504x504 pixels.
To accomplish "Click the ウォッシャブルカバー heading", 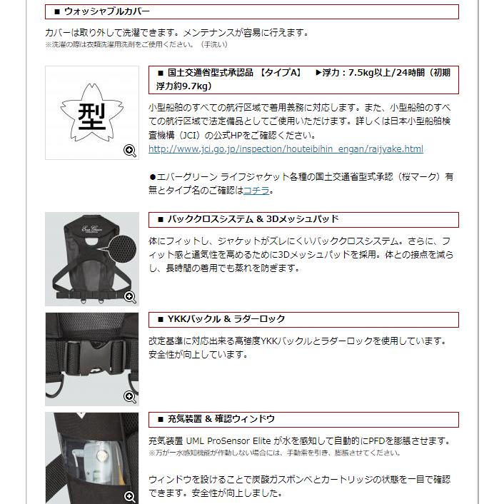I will [107, 11].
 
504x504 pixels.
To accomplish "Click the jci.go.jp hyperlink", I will [286, 149].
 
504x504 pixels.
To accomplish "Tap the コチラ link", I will [257, 191].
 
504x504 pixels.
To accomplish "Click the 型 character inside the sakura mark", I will [91, 112].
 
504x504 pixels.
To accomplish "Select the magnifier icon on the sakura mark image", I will [130, 150].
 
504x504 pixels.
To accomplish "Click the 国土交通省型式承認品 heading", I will [211, 73].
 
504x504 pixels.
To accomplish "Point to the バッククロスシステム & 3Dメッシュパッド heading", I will [253, 219].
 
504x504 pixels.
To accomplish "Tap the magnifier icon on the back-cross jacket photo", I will [130, 296].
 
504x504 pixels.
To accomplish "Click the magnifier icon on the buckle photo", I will [130, 396].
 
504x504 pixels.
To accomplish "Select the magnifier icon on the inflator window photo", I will [130, 496].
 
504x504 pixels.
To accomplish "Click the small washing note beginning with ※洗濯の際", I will [136, 44].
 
